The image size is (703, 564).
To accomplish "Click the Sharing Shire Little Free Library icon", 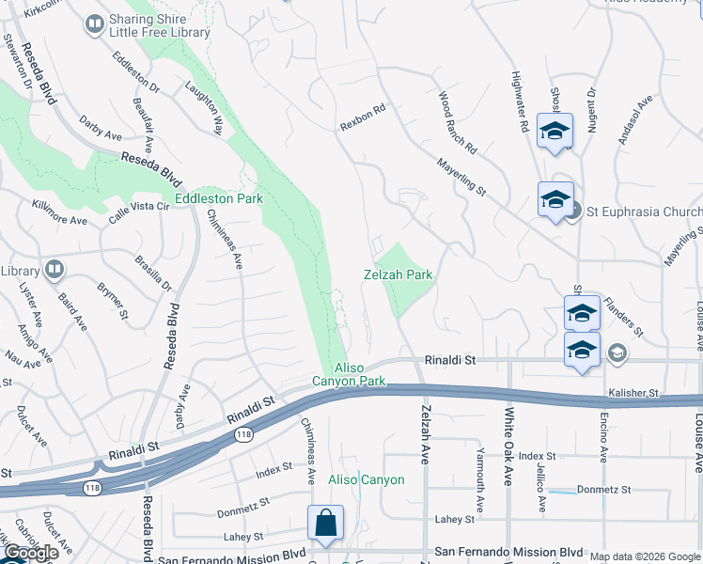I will pos(94,24).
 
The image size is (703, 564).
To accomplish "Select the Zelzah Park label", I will pos(398,274).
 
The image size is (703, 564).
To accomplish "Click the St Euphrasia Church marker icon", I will pos(573,211).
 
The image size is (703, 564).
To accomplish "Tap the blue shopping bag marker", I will pos(324,523).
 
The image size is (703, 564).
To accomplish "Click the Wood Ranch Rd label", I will pos(458,123).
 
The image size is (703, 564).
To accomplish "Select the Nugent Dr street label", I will pos(591,111).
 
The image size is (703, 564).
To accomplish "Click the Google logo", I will pos(31,553).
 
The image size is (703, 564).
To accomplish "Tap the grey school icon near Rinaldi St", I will pos(617,352).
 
